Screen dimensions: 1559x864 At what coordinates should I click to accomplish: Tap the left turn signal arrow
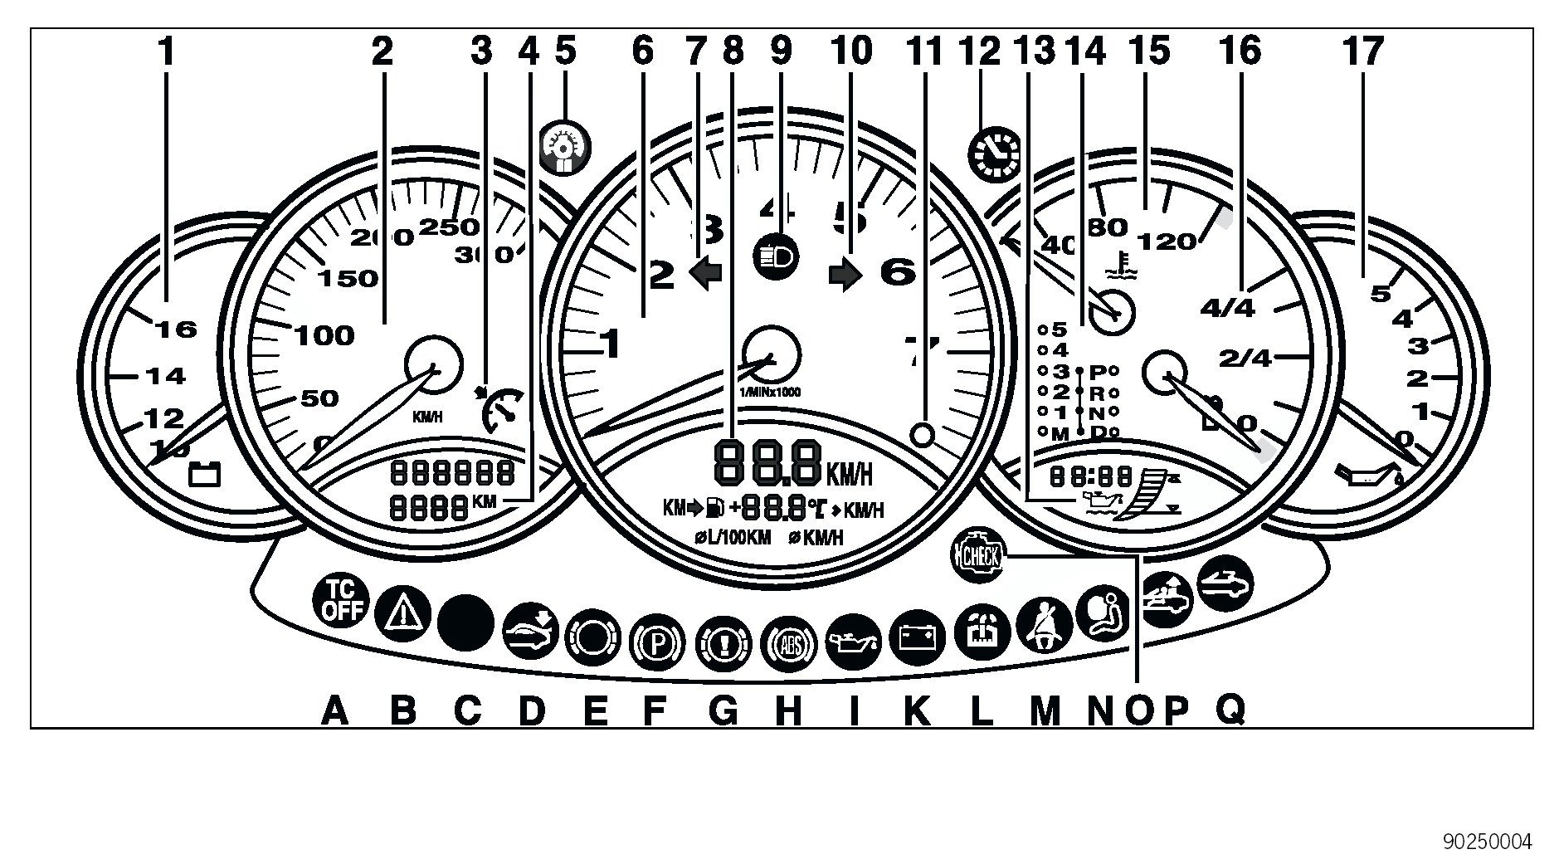(705, 272)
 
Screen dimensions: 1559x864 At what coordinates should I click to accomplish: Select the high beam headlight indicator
(776, 256)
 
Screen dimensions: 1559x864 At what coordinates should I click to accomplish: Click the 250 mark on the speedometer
(449, 227)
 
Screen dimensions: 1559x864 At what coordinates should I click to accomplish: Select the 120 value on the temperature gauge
(1167, 242)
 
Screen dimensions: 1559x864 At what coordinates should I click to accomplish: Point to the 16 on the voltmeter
(177, 329)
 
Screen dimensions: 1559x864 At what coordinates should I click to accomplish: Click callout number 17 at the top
(1363, 51)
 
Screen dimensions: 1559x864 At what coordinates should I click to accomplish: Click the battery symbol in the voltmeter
(206, 474)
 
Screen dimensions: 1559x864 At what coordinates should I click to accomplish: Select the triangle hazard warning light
(402, 615)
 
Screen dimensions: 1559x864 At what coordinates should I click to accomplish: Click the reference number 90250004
(1488, 842)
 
